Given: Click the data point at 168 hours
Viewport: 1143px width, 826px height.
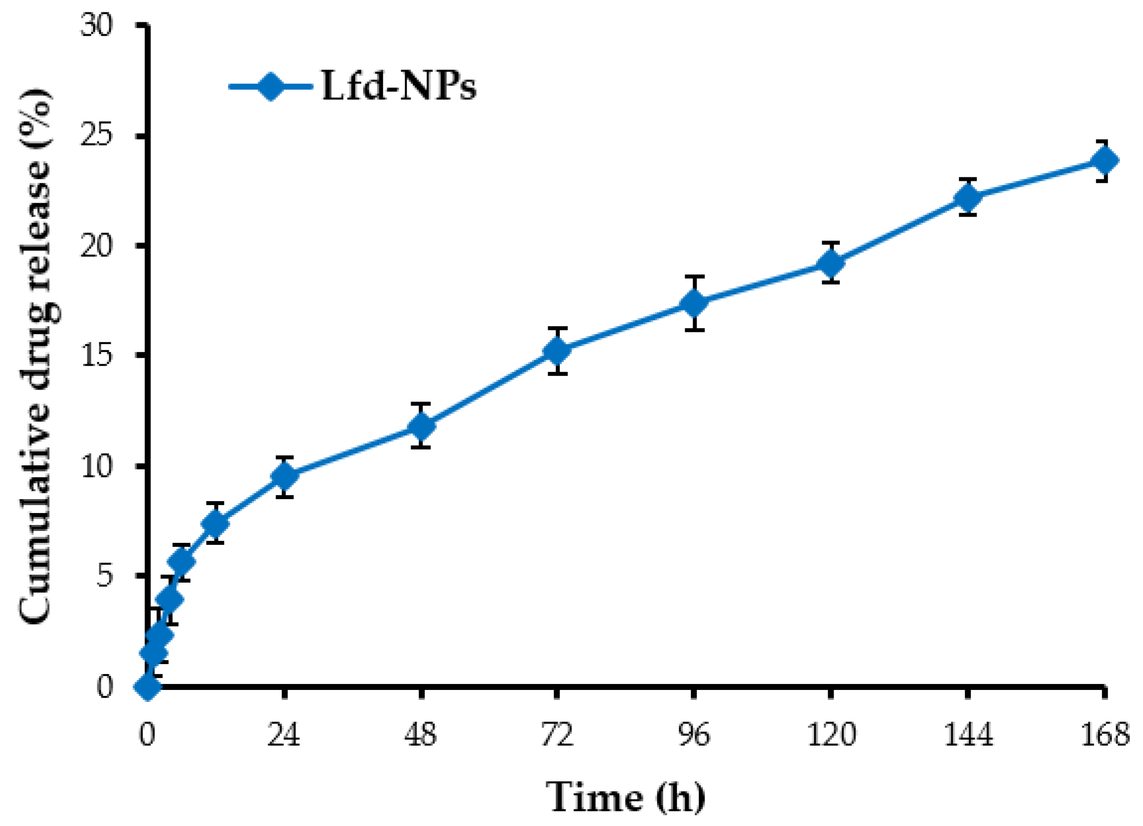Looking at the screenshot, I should tap(1104, 161).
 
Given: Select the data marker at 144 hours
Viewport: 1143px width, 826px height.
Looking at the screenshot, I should tap(968, 197).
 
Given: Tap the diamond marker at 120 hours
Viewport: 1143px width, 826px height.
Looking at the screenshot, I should tap(831, 263).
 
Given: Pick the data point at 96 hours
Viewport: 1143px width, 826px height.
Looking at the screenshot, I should tap(694, 303).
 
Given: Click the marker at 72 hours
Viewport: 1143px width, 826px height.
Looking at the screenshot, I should tap(557, 351).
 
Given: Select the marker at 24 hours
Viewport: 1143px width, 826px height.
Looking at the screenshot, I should tap(285, 476).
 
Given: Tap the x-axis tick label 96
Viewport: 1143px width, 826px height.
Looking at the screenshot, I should tap(694, 735).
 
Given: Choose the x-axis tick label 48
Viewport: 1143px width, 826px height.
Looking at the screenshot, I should tap(421, 735).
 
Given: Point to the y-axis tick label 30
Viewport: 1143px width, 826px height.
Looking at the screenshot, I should tap(96, 25).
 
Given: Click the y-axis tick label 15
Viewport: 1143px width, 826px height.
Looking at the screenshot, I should tap(96, 356).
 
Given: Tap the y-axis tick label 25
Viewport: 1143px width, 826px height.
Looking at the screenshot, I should tap(96, 135).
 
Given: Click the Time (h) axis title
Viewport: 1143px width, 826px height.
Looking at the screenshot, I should tap(626, 797).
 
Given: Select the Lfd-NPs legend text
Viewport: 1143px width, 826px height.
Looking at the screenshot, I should tap(398, 86).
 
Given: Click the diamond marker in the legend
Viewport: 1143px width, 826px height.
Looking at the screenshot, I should tap(271, 86).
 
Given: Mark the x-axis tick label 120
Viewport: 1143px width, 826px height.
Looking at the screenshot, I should tap(831, 735).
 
